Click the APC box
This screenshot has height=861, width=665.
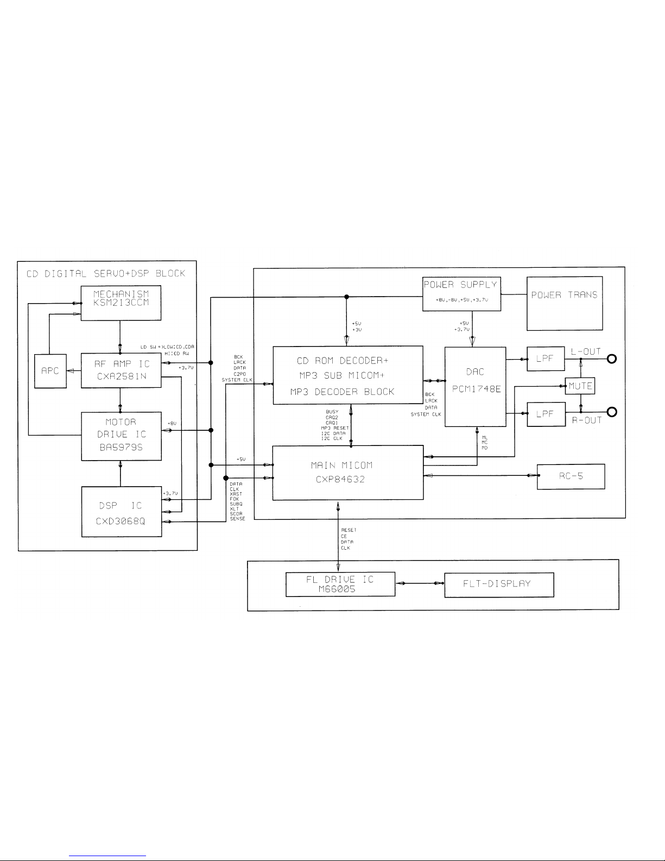pos(50,371)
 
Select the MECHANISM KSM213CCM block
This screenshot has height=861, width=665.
pos(121,304)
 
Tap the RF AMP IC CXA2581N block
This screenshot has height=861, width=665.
pos(121,370)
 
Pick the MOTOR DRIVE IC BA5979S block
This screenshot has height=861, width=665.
pos(121,436)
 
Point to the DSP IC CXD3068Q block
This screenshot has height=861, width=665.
pos(121,512)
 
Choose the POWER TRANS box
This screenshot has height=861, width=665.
pos(565,303)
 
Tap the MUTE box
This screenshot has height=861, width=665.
pos(580,386)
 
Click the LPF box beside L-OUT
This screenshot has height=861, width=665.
pos(546,359)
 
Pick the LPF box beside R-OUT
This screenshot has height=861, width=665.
pos(546,414)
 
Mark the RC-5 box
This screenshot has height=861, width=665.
pos(570,476)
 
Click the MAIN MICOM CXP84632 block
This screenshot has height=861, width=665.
pos(347,472)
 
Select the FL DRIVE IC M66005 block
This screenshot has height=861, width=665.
pos(340,584)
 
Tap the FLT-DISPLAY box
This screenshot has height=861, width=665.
pos(499,584)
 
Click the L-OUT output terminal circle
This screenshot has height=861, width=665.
pos(612,359)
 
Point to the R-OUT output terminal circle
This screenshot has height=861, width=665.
pos(612,413)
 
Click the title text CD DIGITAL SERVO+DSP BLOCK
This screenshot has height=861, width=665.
pos(106,273)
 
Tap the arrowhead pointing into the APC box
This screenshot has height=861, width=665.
pos(70,371)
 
